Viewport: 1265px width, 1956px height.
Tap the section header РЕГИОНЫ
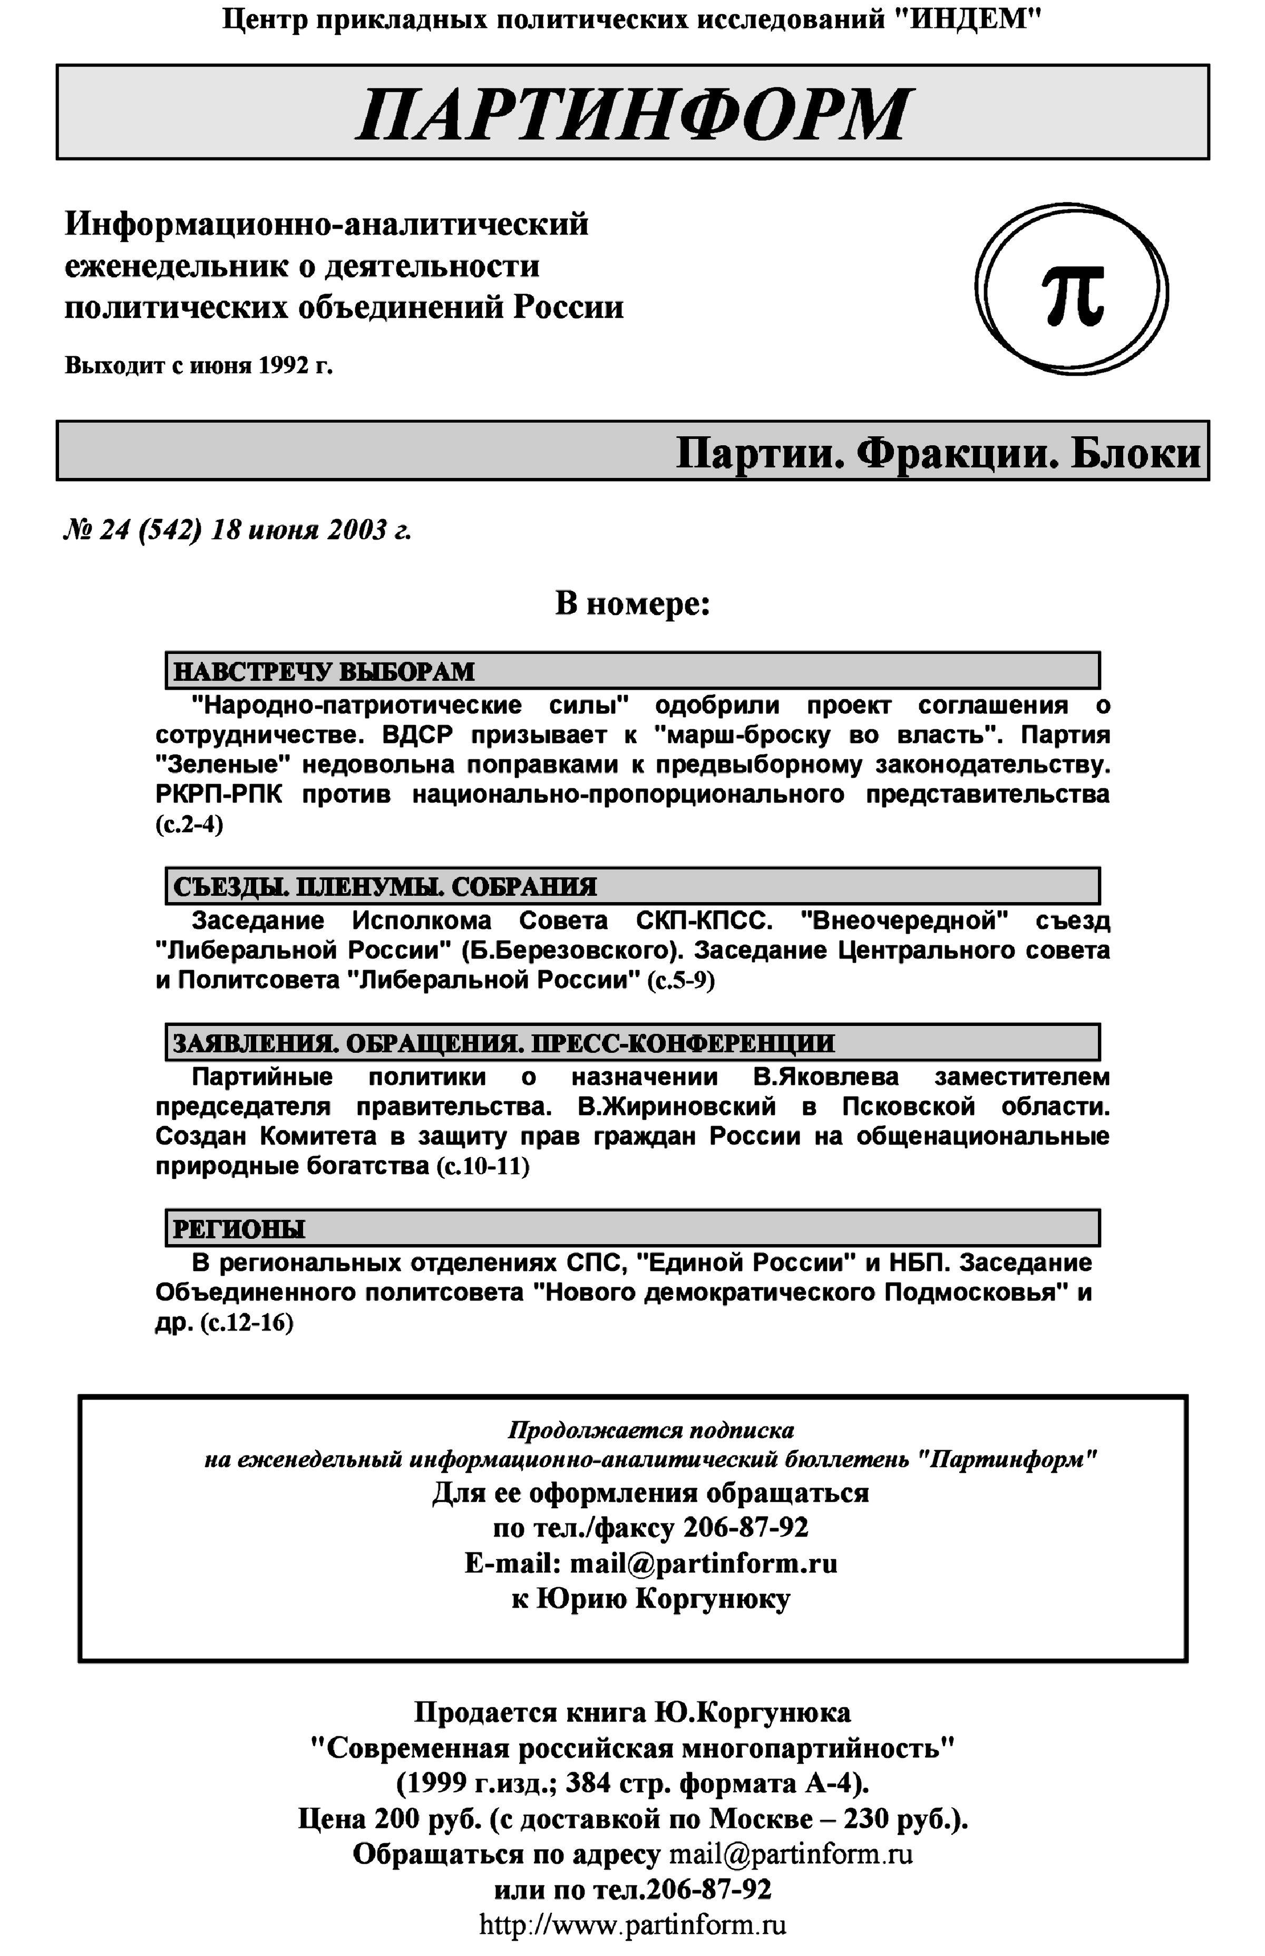(238, 1229)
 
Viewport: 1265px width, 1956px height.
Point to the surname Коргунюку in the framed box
(713, 1599)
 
